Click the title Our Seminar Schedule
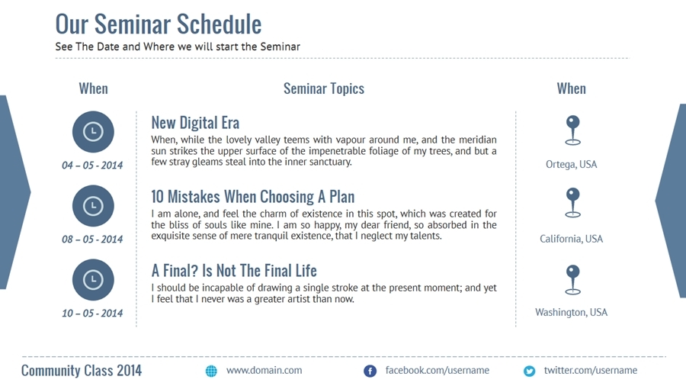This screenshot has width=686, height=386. (x=159, y=24)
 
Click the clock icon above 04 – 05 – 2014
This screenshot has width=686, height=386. (x=93, y=131)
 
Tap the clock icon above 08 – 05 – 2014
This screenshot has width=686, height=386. (x=93, y=206)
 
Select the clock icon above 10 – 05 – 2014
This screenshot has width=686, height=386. (x=93, y=279)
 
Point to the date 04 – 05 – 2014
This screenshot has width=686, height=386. (x=92, y=166)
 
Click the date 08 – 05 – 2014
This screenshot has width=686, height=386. (x=92, y=240)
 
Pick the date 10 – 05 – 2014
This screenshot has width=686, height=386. (x=92, y=313)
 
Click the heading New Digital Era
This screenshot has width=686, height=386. (x=195, y=123)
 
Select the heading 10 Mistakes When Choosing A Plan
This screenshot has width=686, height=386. (x=252, y=197)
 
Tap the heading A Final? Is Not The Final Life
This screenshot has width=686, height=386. (x=234, y=271)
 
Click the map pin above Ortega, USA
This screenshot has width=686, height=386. (x=572, y=130)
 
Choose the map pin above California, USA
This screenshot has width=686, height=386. (x=572, y=203)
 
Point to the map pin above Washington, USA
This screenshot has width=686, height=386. (x=572, y=279)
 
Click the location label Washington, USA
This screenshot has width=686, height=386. (x=572, y=313)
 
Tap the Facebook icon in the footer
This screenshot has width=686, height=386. (x=370, y=371)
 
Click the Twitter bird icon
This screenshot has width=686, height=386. (x=529, y=371)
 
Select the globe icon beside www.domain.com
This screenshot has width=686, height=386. (x=211, y=371)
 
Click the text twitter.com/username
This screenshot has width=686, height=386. (x=590, y=371)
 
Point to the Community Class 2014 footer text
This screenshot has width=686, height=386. (x=82, y=371)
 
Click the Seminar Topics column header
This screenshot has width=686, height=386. (x=324, y=88)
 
